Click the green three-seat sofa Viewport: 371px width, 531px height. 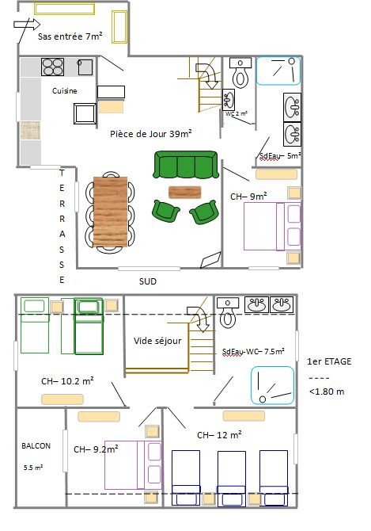pyautogui.click(x=185, y=165)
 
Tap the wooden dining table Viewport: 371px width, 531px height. pyautogui.click(x=111, y=212)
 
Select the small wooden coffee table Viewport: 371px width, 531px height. pyautogui.click(x=185, y=192)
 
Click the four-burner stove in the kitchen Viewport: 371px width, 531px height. pyautogui.click(x=52, y=67)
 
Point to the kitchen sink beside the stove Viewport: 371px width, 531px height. pyautogui.click(x=85, y=67)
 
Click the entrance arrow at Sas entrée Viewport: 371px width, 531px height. pyautogui.click(x=27, y=25)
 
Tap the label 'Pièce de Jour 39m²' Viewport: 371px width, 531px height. pyautogui.click(x=151, y=133)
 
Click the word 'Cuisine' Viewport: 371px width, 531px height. pyautogui.click(x=65, y=91)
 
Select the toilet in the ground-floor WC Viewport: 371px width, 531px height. pyautogui.click(x=240, y=72)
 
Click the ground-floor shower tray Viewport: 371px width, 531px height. pyautogui.click(x=278, y=71)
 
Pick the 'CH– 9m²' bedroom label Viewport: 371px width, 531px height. pyautogui.click(x=248, y=196)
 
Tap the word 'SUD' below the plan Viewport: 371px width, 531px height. pyautogui.click(x=148, y=281)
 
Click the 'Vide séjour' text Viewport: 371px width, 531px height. pyautogui.click(x=157, y=341)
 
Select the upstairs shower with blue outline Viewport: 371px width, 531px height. pyautogui.click(x=272, y=385)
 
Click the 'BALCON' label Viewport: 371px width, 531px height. pyautogui.click(x=36, y=446)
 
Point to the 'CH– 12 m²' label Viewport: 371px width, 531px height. pyautogui.click(x=219, y=435)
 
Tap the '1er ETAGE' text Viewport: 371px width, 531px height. pyautogui.click(x=329, y=361)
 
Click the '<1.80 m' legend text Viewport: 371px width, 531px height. pyautogui.click(x=327, y=392)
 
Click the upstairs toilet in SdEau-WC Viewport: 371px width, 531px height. pyautogui.click(x=228, y=312)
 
